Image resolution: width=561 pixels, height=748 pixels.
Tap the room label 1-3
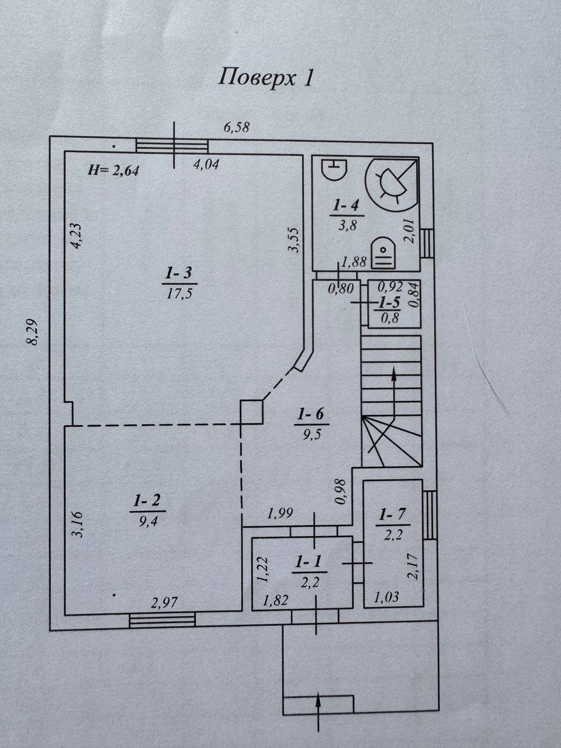pyautogui.click(x=179, y=273)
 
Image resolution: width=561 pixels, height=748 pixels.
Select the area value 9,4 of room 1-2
pyautogui.click(x=148, y=521)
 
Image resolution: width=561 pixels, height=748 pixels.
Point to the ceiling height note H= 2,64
pyautogui.click(x=113, y=170)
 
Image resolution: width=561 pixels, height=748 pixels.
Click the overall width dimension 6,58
pyautogui.click(x=237, y=127)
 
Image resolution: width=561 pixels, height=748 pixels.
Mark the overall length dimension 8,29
pyautogui.click(x=33, y=333)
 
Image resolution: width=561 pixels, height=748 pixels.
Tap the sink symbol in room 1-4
pyautogui.click(x=334, y=169)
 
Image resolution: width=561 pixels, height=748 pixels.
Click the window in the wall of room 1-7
pyautogui.click(x=430, y=515)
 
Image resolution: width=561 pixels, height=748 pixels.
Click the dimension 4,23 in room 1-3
pyautogui.click(x=75, y=236)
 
